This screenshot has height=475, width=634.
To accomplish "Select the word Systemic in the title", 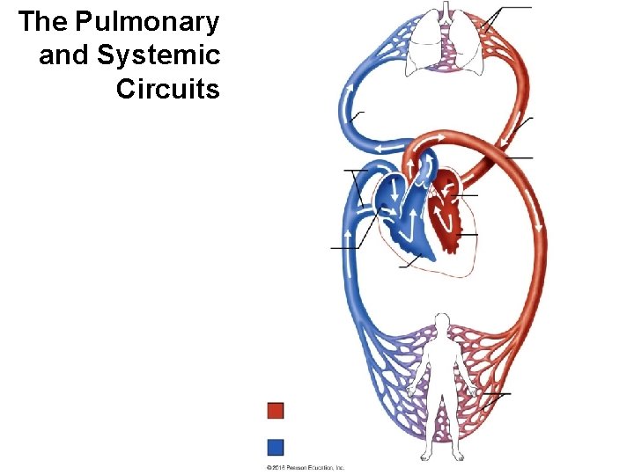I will coord(158,55).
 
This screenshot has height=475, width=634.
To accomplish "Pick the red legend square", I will coord(276,411).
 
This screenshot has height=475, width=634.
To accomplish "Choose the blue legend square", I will coord(276,446).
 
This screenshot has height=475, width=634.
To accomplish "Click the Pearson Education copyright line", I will coord(306,468).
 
